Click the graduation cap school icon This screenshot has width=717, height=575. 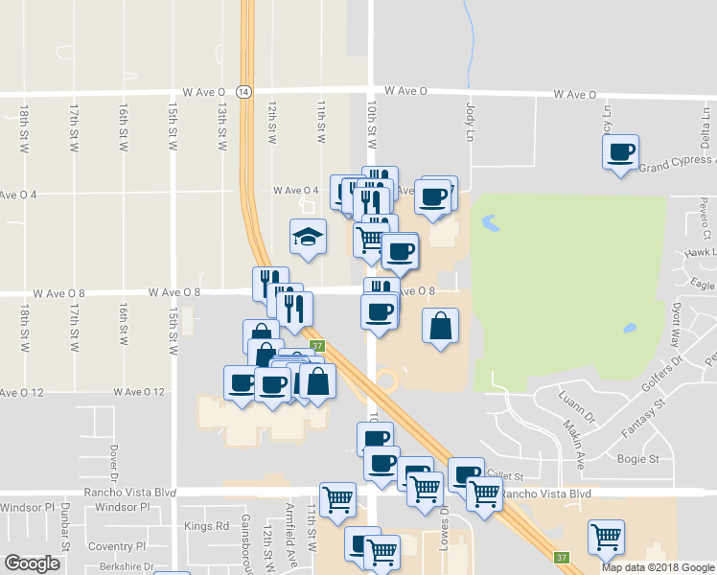tap(308, 237)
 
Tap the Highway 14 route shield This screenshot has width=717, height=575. tap(245, 91)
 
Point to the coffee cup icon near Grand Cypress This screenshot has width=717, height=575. tap(620, 151)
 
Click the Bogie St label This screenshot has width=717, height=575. tap(642, 459)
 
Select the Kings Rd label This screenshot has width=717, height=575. tap(207, 526)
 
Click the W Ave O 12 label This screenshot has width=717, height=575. tap(139, 392)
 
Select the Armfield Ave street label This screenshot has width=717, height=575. tap(289, 541)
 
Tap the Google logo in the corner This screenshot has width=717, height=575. tap(32, 563)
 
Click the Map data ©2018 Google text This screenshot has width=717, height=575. tap(658, 567)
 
